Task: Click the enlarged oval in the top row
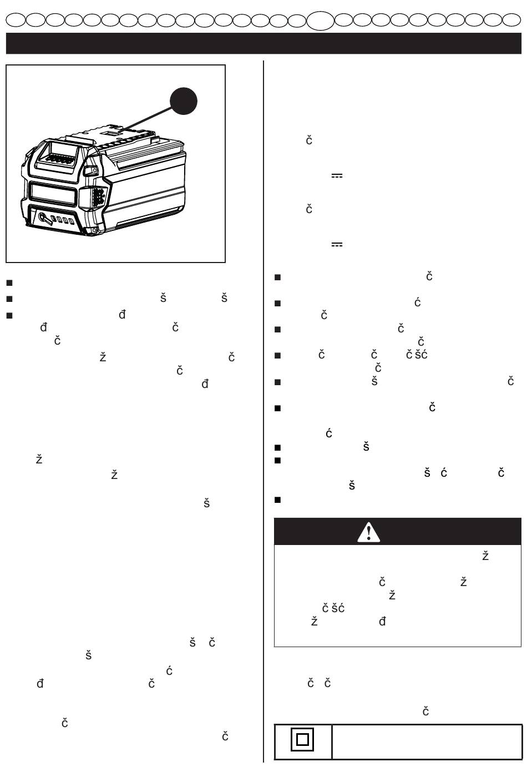(320, 20)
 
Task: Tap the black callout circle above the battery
(183, 101)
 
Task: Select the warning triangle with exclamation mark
(368, 532)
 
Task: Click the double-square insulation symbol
(302, 740)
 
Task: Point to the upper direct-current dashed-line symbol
(337, 176)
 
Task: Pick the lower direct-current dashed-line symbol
(337, 245)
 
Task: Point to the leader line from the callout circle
(147, 118)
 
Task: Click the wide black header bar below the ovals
(263, 43)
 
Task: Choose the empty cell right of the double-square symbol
(427, 741)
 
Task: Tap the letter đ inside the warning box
(382, 621)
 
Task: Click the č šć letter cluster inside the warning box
(333, 608)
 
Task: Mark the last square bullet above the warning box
(278, 500)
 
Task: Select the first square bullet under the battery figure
(9, 283)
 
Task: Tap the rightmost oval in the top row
(511, 20)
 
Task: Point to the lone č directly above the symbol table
(425, 712)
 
